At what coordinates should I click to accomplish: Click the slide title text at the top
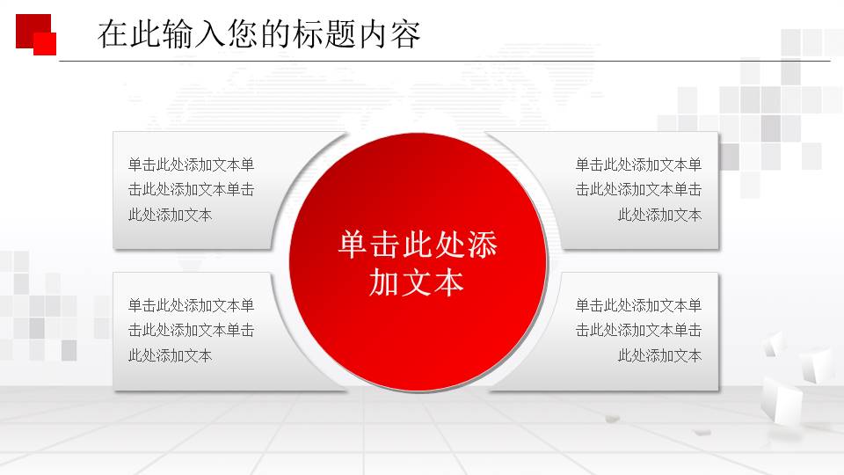[258, 34]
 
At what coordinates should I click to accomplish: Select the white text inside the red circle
[417, 263]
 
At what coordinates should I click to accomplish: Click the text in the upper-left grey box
[191, 189]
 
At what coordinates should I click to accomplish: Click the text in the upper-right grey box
[638, 189]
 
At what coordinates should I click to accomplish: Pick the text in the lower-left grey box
[191, 331]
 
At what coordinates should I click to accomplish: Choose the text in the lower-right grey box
[638, 331]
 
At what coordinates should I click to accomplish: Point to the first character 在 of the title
[111, 34]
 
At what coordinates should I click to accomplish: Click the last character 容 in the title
[405, 34]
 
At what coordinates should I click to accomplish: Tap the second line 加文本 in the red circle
[417, 282]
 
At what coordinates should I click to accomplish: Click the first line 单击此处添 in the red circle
[417, 245]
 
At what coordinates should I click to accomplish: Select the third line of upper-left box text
[170, 215]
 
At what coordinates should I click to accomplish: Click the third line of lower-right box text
[659, 356]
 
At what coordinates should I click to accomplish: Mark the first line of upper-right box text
[638, 164]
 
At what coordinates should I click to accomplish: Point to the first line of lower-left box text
[191, 306]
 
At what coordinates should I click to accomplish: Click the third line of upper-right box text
[659, 215]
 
